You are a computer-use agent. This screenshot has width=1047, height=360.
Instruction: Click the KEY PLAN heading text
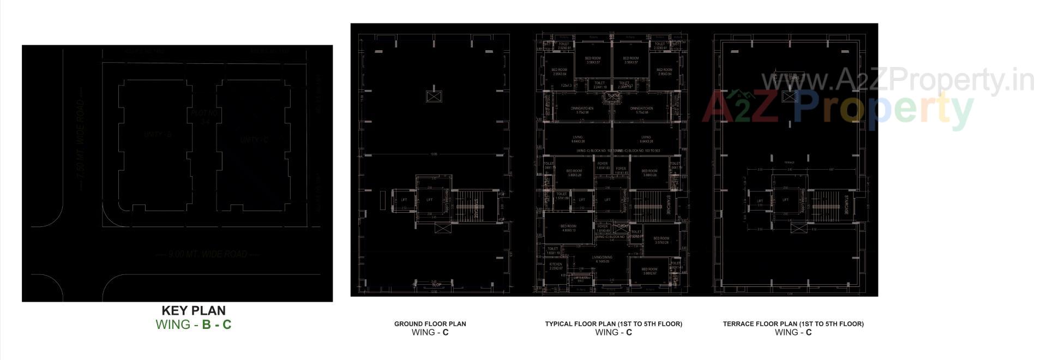click(x=194, y=311)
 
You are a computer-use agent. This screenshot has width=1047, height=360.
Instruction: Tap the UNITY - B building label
click(x=158, y=134)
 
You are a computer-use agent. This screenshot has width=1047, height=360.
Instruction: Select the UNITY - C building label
click(x=254, y=140)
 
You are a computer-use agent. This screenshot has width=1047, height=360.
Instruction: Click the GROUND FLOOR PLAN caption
click(x=430, y=324)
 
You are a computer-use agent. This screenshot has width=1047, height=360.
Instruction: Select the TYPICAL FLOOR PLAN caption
click(x=613, y=324)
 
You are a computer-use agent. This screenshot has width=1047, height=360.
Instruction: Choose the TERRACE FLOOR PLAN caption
click(x=793, y=324)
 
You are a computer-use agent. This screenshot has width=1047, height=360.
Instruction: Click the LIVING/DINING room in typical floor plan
click(x=602, y=259)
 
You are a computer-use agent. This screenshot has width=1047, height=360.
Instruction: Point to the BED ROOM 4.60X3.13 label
click(x=568, y=228)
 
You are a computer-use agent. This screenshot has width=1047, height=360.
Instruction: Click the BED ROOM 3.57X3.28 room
click(x=661, y=240)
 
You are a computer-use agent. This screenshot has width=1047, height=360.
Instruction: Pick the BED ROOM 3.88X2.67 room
click(x=649, y=271)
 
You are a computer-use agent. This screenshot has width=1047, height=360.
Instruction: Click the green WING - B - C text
click(x=194, y=325)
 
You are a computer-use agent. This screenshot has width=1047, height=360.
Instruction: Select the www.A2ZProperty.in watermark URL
click(x=897, y=80)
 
